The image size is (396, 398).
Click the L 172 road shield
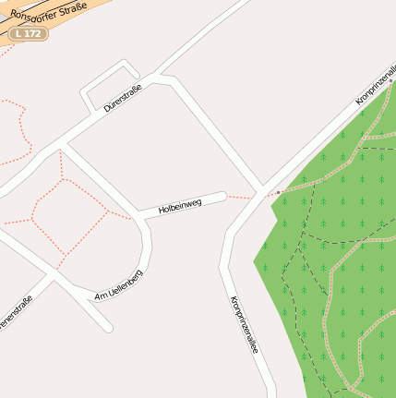click(x=27, y=33)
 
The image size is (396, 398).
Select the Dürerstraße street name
click(x=123, y=97)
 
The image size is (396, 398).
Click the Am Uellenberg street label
click(x=119, y=285)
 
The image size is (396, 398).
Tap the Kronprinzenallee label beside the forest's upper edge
click(x=375, y=91)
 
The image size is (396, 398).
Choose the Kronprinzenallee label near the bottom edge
click(x=244, y=325)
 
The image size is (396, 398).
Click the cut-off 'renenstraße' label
click(x=17, y=314)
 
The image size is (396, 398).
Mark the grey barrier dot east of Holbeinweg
click(x=278, y=193)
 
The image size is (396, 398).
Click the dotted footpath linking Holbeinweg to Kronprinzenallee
click(x=239, y=197)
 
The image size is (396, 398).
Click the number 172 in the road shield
click(x=34, y=33)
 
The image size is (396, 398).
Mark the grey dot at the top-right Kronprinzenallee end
click(x=390, y=80)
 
